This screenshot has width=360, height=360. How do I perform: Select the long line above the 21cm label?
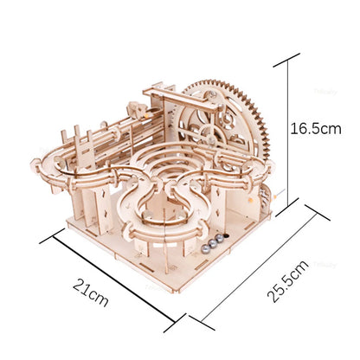118,277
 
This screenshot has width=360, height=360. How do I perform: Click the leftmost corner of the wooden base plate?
67,225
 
